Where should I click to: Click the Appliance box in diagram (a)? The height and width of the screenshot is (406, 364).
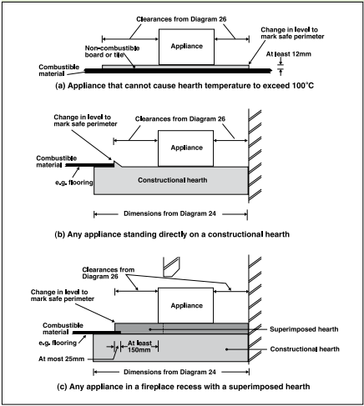coord(186,47)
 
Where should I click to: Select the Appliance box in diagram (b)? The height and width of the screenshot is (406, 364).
coord(185,148)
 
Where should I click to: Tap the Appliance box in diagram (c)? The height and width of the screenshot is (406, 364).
coord(185,305)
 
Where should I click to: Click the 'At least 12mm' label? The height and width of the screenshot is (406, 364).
coord(289,54)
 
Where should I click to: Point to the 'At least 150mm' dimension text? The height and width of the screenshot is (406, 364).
coord(139,346)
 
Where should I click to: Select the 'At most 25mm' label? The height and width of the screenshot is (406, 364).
coord(61,358)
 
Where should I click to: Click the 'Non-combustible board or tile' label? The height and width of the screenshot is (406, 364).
coord(112,52)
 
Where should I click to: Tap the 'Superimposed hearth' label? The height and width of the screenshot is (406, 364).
coord(304,329)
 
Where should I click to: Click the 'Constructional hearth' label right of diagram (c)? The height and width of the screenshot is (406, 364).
coord(305,349)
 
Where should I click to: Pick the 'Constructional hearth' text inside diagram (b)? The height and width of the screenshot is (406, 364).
coord(173,180)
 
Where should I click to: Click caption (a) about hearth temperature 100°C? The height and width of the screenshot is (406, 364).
coord(185,86)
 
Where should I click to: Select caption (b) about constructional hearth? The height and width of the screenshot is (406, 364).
coord(172,234)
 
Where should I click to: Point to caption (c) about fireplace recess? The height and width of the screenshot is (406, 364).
coord(183,387)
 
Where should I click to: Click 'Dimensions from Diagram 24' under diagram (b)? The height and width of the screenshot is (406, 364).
coord(169,213)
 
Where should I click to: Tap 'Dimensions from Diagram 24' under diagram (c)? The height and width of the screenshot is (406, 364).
coord(169,372)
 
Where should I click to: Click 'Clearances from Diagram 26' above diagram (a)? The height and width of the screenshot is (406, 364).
coord(181,19)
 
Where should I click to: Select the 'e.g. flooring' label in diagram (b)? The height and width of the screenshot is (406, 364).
coord(74,183)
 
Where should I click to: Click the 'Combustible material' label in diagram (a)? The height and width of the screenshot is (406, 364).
coord(59,70)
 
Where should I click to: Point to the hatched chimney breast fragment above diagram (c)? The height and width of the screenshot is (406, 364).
coord(171,267)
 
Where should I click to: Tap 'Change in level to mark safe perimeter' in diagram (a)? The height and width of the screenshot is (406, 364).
coord(292,33)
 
